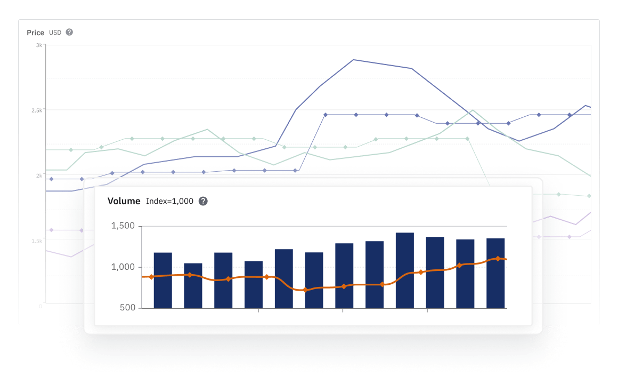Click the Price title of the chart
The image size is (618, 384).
35,33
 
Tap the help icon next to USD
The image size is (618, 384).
69,32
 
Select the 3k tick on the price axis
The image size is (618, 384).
39,45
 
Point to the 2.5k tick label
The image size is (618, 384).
37,110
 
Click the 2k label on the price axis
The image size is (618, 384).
39,175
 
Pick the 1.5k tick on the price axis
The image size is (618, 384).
37,241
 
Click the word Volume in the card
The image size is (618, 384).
124,201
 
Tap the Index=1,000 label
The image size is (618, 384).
169,201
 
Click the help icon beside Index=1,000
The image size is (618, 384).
203,201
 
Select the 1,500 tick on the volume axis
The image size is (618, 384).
123,226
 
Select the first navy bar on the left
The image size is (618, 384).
162,280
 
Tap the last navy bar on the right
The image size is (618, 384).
495,273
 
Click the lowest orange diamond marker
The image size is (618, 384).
305,290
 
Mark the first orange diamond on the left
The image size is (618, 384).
151,277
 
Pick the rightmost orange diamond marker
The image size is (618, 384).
498,259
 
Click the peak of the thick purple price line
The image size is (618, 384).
354,60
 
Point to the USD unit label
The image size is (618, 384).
55,33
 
